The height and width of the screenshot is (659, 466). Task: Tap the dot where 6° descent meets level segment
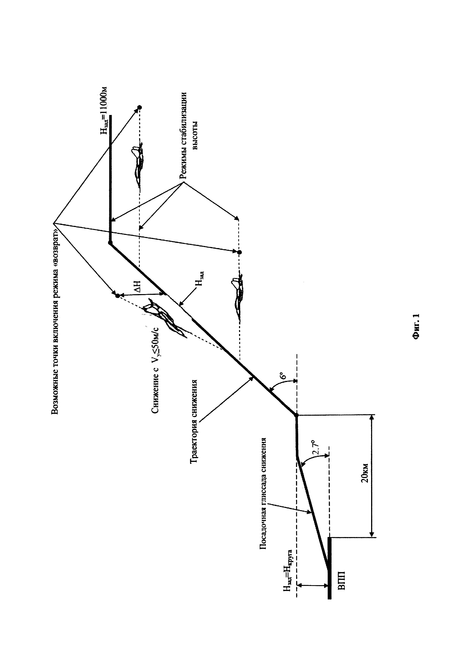point(296,415)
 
